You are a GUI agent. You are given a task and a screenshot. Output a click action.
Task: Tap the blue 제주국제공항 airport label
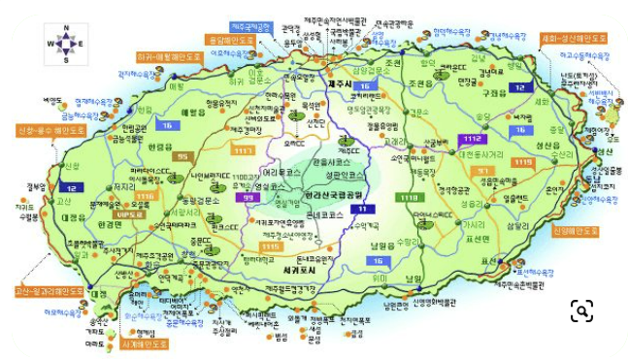coord(250,26)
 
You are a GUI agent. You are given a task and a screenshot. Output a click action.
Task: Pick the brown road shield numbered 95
coord(181,155)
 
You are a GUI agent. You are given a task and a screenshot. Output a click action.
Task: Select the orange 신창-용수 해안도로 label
coord(45,129)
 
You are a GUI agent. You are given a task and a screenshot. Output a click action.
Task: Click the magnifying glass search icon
coord(581,311)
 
